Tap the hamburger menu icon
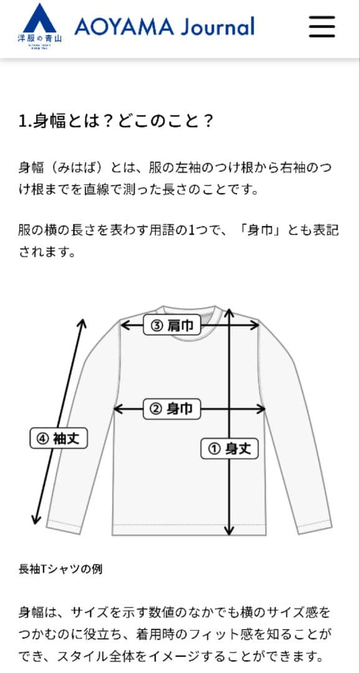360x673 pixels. coord(322,27)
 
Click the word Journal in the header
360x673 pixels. coord(218,27)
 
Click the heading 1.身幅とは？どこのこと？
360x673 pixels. coord(116,120)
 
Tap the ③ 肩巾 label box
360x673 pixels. coord(173,325)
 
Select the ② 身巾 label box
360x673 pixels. coord(173,409)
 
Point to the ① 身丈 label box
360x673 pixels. coord(229,448)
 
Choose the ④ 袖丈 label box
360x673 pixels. coord(59,438)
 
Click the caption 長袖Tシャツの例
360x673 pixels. coord(60,569)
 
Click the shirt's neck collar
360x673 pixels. coord(189,311)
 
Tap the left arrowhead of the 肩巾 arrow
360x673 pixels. coord(123,325)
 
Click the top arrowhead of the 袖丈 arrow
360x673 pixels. coord(82,323)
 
